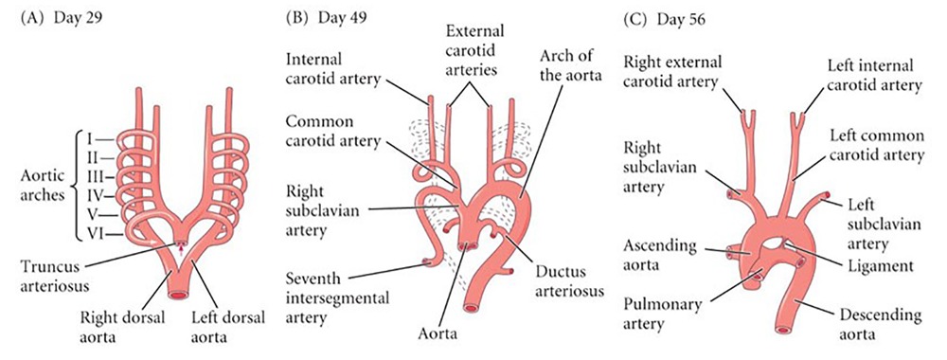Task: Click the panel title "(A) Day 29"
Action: point(61,17)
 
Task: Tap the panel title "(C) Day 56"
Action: point(663,19)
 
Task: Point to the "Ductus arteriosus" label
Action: point(566,280)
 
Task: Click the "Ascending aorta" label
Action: point(659,256)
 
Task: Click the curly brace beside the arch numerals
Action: point(77,186)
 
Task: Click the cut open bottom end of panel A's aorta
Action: point(179,296)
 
